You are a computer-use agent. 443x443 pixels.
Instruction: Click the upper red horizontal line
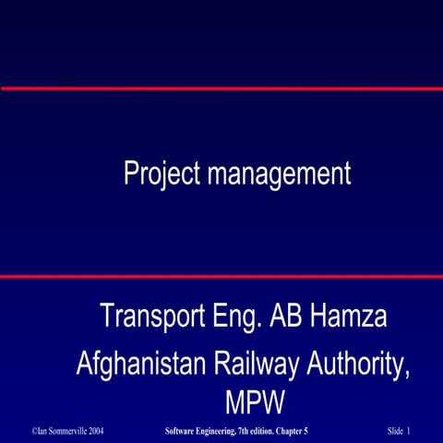pos(221,89)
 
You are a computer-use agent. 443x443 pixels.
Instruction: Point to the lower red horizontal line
pos(221,276)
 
